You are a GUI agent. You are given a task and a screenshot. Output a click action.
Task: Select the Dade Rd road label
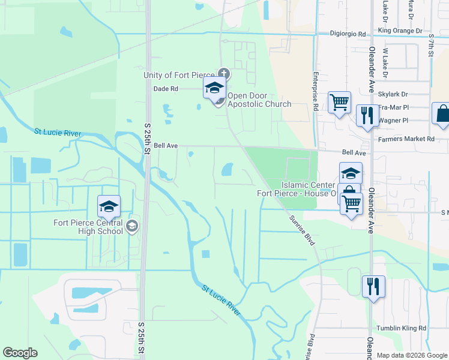coord(166,88)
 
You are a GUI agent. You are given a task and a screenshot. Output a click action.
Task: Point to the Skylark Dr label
coord(393,94)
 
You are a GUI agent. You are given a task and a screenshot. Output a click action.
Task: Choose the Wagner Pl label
coord(393,121)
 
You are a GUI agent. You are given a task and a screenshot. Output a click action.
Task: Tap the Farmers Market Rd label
coord(406,139)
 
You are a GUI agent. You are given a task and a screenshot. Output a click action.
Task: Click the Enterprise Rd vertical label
coord(315,91)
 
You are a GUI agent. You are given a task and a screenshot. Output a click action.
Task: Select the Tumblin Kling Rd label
coord(401,328)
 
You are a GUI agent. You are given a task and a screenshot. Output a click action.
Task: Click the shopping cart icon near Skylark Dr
coord(340,103)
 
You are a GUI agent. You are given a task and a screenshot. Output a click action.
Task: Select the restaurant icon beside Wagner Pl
coord(367,115)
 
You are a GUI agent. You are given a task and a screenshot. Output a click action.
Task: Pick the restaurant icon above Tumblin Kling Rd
coord(373,287)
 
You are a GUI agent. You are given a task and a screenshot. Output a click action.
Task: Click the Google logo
coord(20,353)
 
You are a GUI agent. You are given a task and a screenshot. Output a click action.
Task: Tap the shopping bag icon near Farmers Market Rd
coord(441,115)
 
